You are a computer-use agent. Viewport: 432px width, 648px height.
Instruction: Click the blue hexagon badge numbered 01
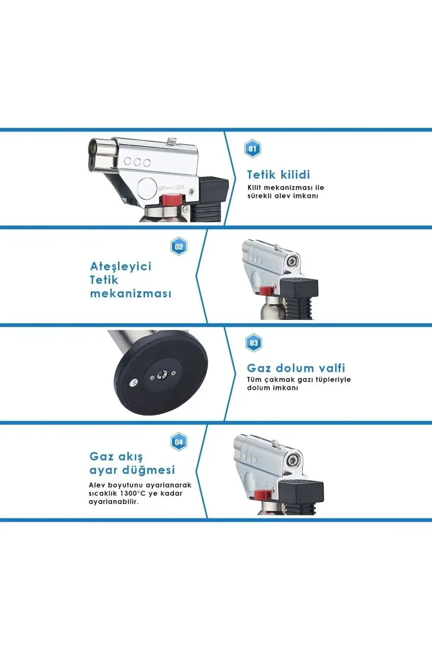click(253, 149)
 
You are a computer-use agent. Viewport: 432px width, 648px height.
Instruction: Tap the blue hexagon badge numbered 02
click(179, 247)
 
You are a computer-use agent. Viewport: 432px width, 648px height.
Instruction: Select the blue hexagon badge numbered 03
click(254, 343)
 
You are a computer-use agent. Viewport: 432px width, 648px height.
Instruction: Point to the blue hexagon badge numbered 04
click(179, 442)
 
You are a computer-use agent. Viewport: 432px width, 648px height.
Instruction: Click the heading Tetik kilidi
click(279, 175)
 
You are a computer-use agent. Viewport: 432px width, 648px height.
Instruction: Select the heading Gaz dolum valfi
click(296, 368)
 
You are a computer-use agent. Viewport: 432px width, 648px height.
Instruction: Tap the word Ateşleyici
click(121, 266)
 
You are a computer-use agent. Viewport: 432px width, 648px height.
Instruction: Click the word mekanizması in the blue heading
click(130, 293)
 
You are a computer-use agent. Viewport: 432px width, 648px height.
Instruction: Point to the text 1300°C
click(129, 493)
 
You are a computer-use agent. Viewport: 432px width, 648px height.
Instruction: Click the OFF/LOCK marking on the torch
click(171, 187)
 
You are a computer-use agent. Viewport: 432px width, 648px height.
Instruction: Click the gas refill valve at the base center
click(162, 375)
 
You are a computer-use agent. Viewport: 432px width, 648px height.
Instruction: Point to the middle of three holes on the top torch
click(137, 162)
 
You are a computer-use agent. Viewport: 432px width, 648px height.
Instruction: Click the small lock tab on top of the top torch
click(172, 141)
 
